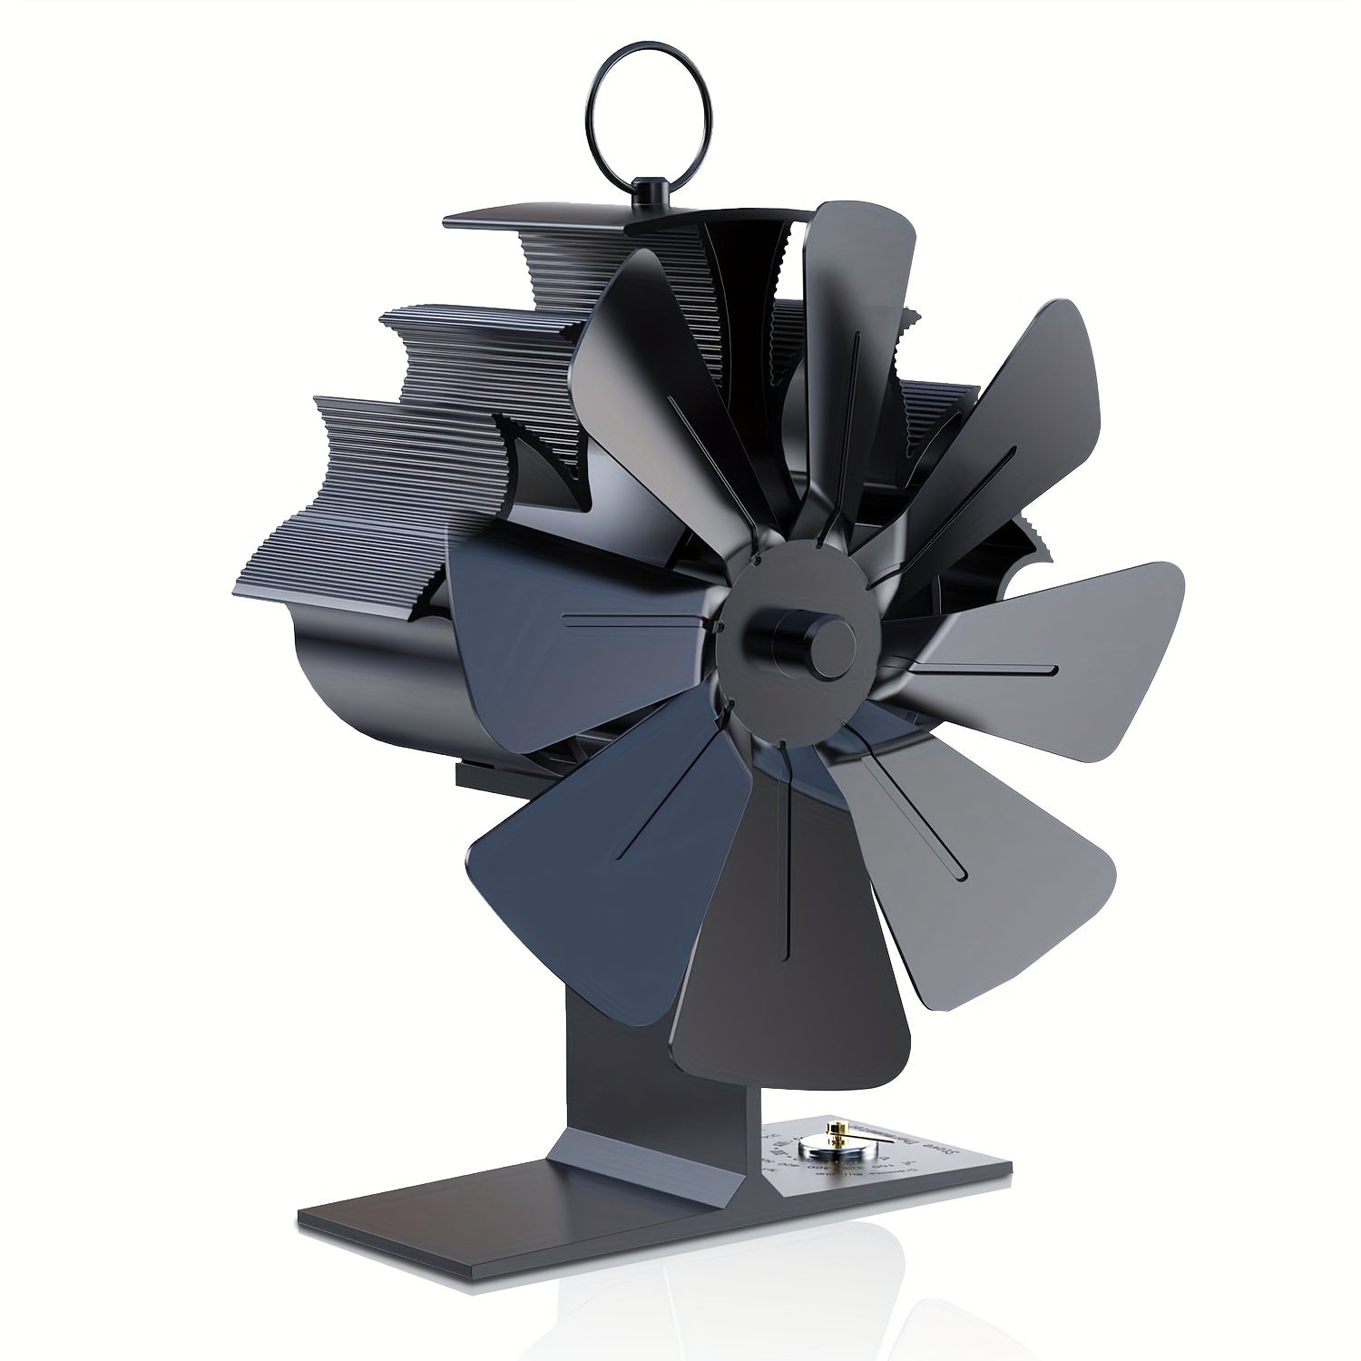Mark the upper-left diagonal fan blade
coord(653,363)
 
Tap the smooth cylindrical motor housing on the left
coord(363,671)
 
